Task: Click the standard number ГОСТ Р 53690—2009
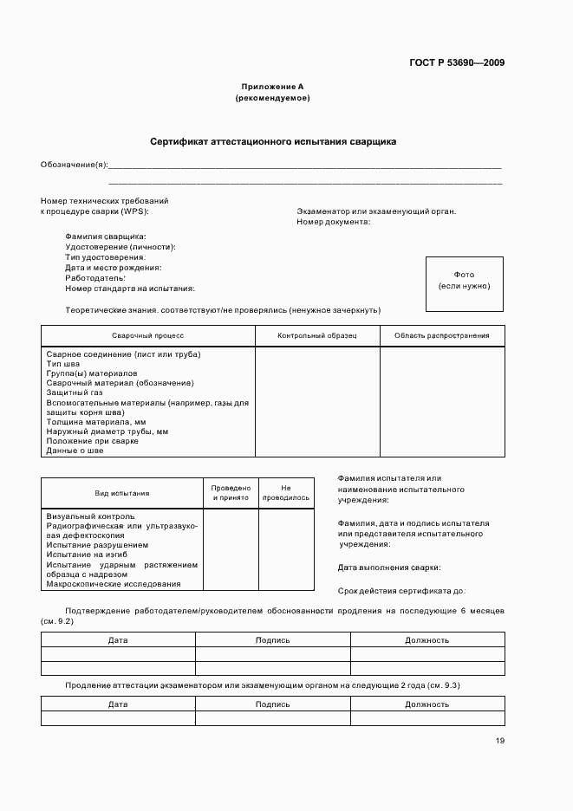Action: (457, 62)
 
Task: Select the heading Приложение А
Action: (272, 87)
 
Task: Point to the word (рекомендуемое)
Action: (272, 98)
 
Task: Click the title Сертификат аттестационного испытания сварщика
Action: (272, 140)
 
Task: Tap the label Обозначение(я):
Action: (74, 165)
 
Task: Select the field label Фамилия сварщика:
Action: (105, 237)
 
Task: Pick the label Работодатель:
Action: (94, 278)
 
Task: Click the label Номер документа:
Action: (333, 222)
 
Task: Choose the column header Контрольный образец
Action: (316, 335)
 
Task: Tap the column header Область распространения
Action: (441, 335)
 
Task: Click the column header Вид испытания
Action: (121, 493)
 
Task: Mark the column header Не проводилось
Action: (286, 493)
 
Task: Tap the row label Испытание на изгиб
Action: (87, 555)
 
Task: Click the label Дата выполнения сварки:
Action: (388, 568)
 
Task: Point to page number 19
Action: (500, 741)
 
